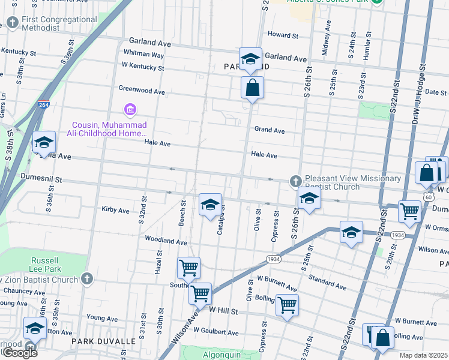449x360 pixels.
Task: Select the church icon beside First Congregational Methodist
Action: (x=13, y=23)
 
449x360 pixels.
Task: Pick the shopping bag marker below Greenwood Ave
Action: (x=252, y=88)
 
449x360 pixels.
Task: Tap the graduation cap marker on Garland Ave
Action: (x=251, y=59)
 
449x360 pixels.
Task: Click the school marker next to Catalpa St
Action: (x=210, y=205)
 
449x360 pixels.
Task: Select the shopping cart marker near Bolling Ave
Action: (x=287, y=305)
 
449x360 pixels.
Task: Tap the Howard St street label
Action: (x=283, y=35)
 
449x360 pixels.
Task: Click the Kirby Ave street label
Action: (x=115, y=211)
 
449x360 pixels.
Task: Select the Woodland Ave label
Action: (x=166, y=241)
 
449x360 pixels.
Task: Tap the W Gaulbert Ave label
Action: (x=216, y=332)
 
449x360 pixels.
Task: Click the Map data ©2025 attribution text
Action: (x=423, y=355)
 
